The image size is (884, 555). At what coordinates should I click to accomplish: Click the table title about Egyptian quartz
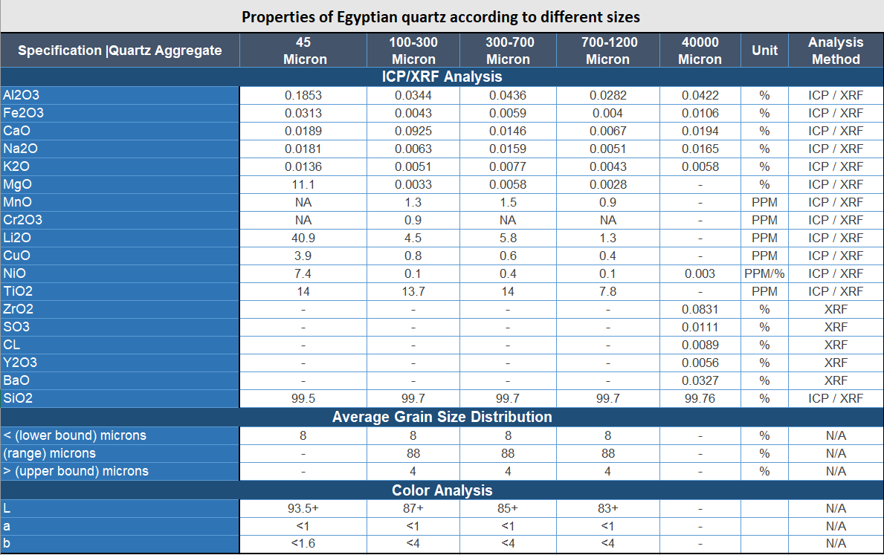pos(441,16)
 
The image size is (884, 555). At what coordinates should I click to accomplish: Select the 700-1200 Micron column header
pos(607,51)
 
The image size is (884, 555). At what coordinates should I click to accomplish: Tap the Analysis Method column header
pos(836,51)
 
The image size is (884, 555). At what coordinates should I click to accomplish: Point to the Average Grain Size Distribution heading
pos(442,417)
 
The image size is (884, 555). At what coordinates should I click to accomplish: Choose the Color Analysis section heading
pos(442,490)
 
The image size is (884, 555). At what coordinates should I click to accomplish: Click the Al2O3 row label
pos(23,95)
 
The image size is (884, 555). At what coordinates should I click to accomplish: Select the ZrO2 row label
pos(19,309)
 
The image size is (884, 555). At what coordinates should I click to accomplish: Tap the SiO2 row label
pos(19,398)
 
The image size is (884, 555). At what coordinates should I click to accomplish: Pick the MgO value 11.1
pos(303,184)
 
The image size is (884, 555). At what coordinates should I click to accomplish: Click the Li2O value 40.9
pos(303,238)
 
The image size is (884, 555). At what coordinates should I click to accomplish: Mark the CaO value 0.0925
pos(413,131)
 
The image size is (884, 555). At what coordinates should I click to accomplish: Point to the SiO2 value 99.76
pos(700,398)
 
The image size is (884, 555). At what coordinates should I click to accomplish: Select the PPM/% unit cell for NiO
pos(764,273)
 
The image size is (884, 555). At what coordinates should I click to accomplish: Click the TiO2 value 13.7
pos(413,291)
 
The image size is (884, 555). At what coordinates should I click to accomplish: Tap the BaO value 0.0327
pos(700,380)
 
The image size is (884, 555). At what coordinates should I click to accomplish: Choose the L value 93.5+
pos(303,508)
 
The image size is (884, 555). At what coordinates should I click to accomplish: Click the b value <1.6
pos(303,543)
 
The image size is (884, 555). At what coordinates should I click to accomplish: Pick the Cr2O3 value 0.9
pos(413,220)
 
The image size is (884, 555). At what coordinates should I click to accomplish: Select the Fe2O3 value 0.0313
pos(303,113)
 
